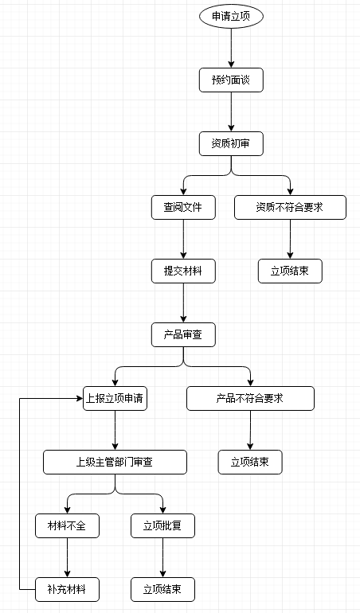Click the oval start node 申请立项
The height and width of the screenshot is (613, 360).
231,17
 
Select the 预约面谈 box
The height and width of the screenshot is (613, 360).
231,80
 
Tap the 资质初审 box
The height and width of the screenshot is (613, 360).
231,144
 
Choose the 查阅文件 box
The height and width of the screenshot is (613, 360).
183,207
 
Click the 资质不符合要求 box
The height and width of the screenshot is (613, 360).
290,207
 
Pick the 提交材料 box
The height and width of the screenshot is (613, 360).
183,271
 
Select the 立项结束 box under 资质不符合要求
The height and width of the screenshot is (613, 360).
290,271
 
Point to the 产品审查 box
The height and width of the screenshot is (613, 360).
183,334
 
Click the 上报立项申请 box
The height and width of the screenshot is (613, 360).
115,398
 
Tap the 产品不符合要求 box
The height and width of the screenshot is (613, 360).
250,398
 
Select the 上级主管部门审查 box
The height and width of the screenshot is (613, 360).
115,462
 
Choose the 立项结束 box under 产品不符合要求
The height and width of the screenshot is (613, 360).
250,462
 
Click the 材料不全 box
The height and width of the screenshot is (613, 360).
68,525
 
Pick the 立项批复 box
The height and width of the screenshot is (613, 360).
162,525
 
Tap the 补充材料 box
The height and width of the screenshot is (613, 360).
68,590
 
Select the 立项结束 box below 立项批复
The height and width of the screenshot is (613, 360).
162,590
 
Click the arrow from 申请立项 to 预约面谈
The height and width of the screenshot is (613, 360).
231,49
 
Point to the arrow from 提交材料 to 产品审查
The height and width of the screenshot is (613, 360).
183,303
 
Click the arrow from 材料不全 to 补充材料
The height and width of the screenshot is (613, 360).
68,558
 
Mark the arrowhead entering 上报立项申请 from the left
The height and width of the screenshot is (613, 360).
80,398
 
